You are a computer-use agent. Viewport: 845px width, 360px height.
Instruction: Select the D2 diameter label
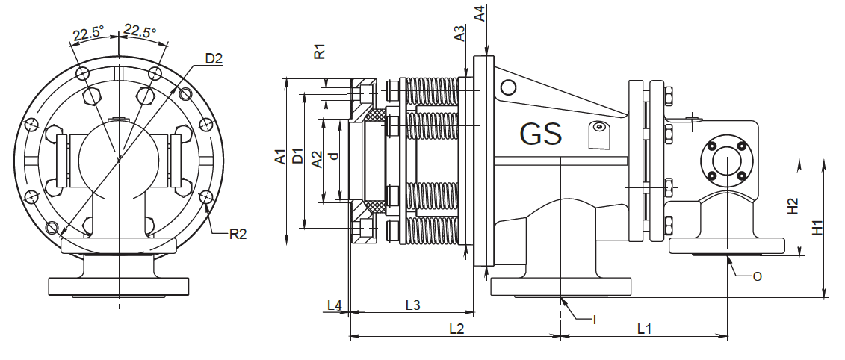[214, 58]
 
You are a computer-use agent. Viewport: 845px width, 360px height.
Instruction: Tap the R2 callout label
[238, 234]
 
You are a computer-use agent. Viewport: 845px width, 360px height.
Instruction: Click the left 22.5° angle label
[88, 34]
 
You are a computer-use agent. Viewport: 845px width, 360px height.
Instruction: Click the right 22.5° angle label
[140, 31]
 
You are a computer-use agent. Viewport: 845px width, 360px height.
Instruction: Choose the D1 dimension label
[298, 158]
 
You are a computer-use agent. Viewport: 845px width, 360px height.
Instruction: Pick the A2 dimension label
[317, 159]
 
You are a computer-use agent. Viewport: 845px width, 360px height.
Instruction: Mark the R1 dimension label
[319, 52]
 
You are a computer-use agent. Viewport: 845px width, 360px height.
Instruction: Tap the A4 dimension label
[480, 13]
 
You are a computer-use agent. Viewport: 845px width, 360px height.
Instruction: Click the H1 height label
[818, 227]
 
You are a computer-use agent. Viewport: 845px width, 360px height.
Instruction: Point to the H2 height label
[793, 207]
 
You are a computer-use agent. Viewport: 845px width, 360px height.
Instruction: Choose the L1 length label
[644, 327]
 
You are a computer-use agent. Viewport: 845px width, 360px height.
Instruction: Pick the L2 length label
[456, 327]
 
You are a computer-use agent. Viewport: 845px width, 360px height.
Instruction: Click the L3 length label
[412, 304]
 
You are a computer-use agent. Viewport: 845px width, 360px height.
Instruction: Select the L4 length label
[335, 304]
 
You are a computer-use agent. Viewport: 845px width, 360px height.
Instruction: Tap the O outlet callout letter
[757, 276]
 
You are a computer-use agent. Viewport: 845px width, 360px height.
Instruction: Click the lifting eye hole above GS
[508, 88]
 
